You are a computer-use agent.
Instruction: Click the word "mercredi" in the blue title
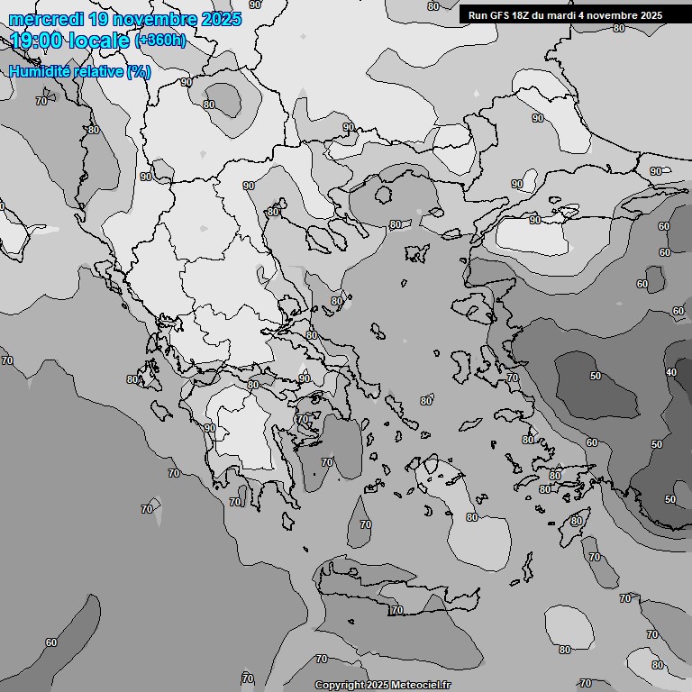(44, 19)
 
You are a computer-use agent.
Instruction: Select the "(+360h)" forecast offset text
(160, 41)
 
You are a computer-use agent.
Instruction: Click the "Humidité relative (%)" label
(79, 71)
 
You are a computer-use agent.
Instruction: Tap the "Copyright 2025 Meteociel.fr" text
(382, 685)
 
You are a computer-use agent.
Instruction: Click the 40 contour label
(670, 372)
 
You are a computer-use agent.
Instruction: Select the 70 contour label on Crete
(396, 611)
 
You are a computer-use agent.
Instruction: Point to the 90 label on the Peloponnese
(209, 428)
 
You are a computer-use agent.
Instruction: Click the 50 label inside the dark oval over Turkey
(596, 376)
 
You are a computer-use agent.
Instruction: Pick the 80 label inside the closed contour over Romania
(209, 105)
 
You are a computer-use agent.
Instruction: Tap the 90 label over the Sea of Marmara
(535, 220)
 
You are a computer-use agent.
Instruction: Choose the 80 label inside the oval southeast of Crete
(565, 650)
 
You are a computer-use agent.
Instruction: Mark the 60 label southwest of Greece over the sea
(50, 642)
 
